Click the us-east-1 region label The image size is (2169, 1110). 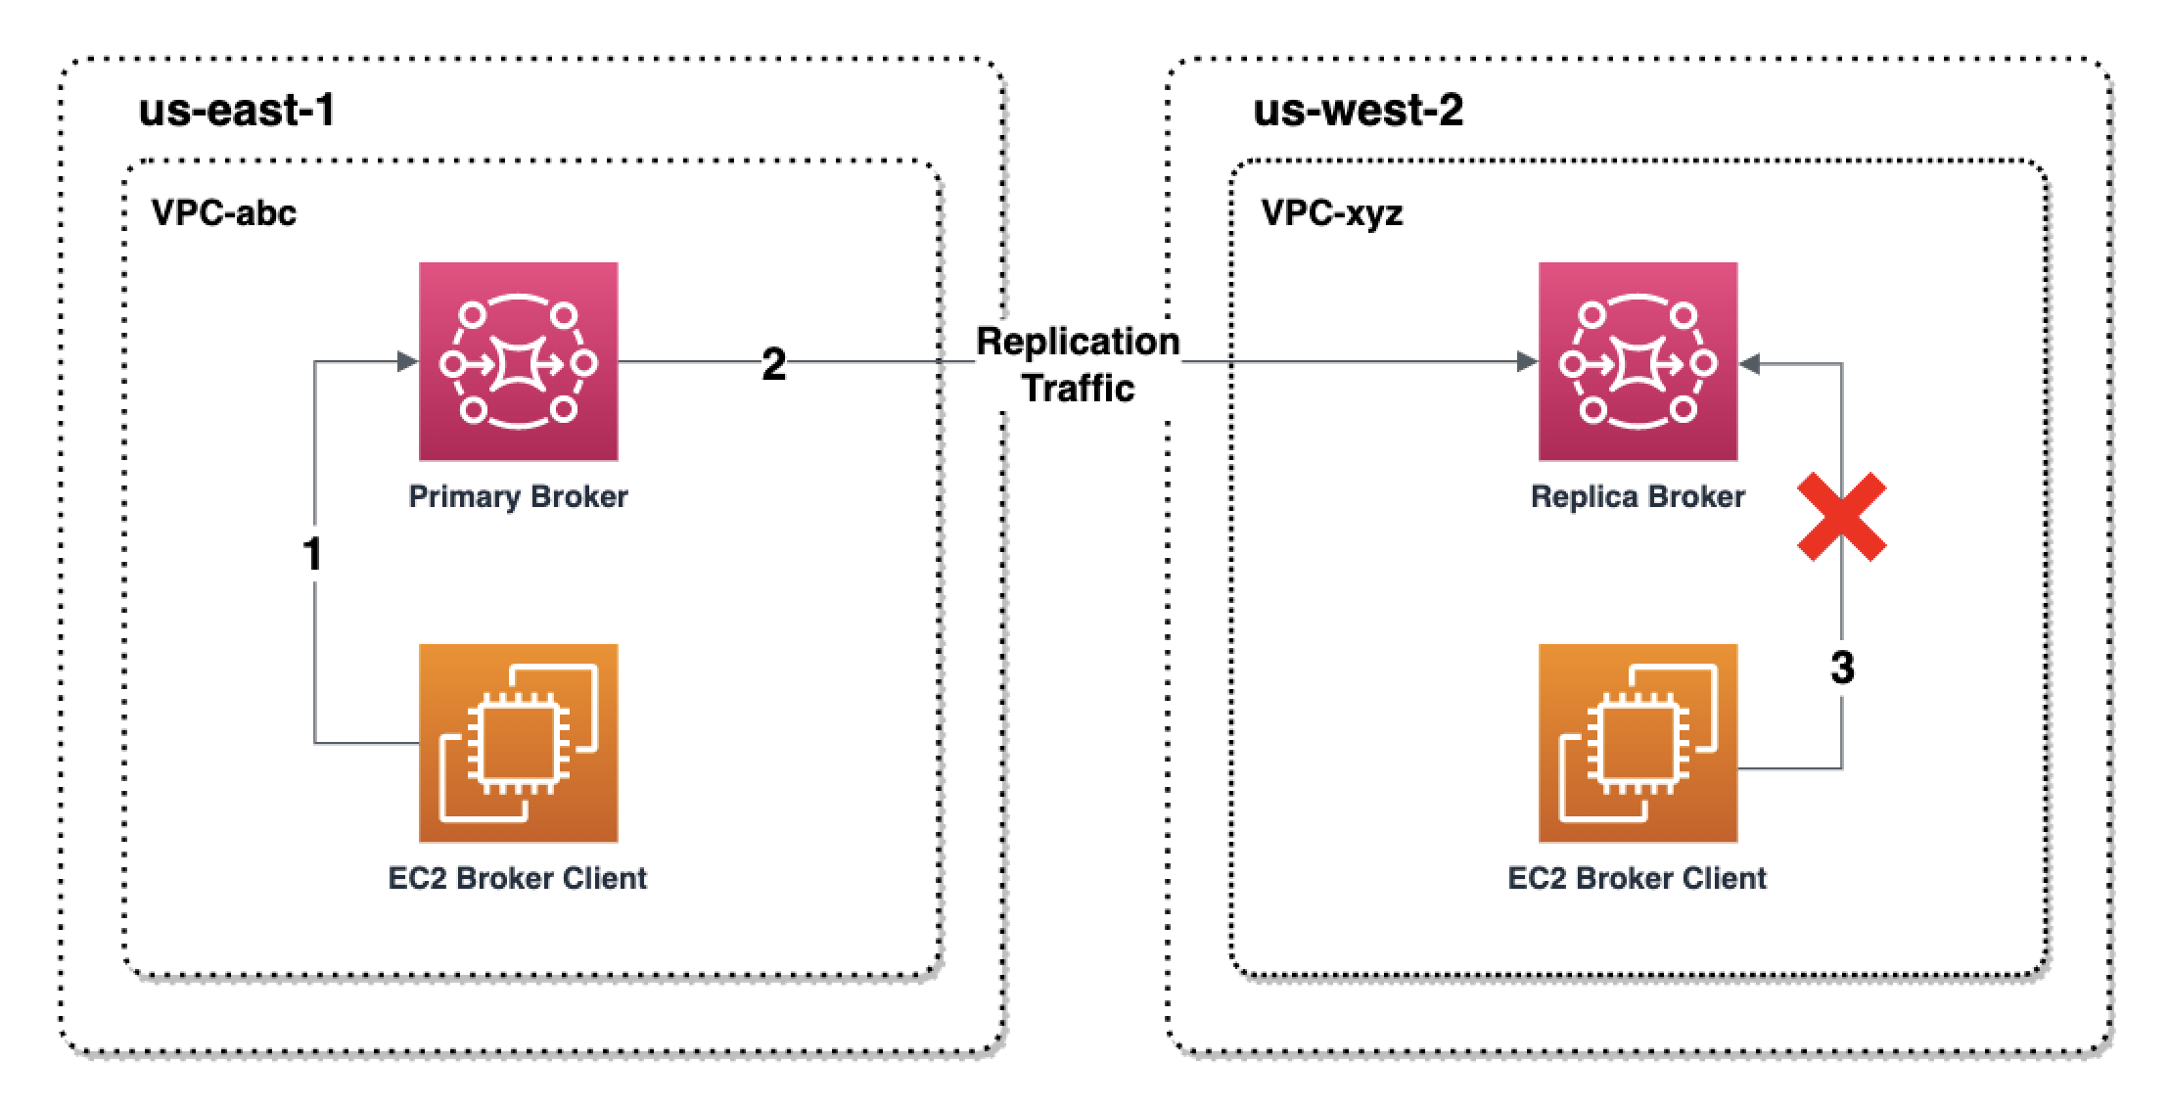tap(238, 110)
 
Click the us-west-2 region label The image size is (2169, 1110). tap(1358, 110)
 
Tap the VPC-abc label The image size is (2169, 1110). tap(224, 212)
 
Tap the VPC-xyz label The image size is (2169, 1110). tap(1332, 212)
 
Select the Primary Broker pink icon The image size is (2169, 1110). tap(518, 361)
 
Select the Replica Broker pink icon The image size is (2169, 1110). tap(1638, 361)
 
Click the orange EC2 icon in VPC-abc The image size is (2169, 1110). tap(518, 742)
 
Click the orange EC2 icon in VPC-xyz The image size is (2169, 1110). tap(1638, 742)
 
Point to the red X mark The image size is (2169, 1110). tap(1842, 518)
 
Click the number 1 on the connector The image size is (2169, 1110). tap(312, 555)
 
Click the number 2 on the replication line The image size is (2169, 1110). tap(773, 364)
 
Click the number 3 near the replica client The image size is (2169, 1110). tap(1842, 669)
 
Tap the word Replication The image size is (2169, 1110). tap(1078, 342)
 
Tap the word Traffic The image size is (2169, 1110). tap(1078, 389)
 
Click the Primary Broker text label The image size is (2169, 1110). tap(518, 496)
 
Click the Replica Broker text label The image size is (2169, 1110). tap(1638, 496)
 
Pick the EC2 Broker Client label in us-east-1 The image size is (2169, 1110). tap(518, 878)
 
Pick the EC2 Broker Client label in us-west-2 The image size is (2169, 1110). tap(1638, 878)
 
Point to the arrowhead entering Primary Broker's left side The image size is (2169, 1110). tap(407, 362)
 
